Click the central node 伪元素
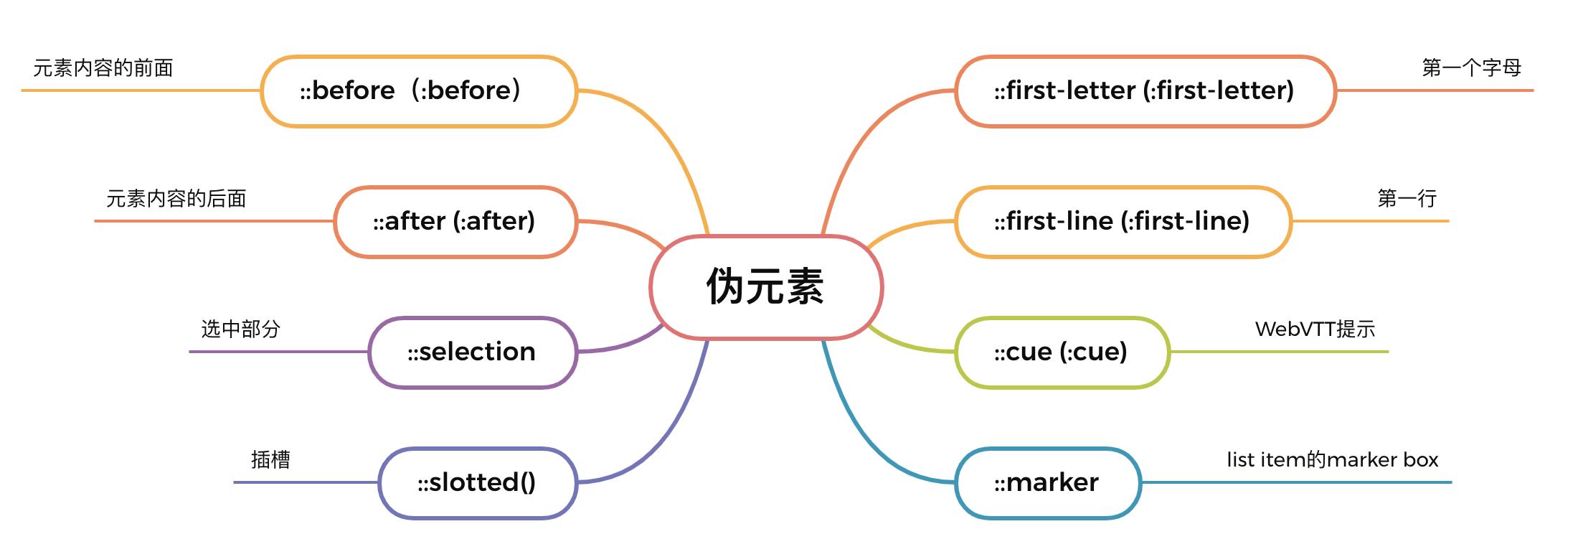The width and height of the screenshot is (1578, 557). coord(766,287)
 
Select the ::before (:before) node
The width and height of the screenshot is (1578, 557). coord(419,91)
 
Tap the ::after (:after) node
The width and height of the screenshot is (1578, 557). coord(455,222)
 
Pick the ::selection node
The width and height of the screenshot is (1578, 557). coord(473,352)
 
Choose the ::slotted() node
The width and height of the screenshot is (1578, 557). coord(478,483)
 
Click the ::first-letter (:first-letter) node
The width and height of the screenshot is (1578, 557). coord(1145,91)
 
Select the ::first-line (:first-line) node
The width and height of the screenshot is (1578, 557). coord(1123,222)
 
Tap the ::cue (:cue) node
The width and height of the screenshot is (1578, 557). coord(1062,352)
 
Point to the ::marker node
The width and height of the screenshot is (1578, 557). coord(1048,483)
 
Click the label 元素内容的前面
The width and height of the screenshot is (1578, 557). coord(103,68)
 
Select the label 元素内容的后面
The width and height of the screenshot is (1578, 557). coord(176,199)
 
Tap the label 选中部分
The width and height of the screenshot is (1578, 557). coord(240,329)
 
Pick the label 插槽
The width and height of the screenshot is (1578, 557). coord(270,460)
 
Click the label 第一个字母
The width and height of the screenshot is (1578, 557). coord(1472,68)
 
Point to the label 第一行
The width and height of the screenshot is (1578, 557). coord(1407,199)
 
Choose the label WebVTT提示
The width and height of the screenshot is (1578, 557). coord(1315,329)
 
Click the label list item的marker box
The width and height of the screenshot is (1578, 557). coord(1333,460)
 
